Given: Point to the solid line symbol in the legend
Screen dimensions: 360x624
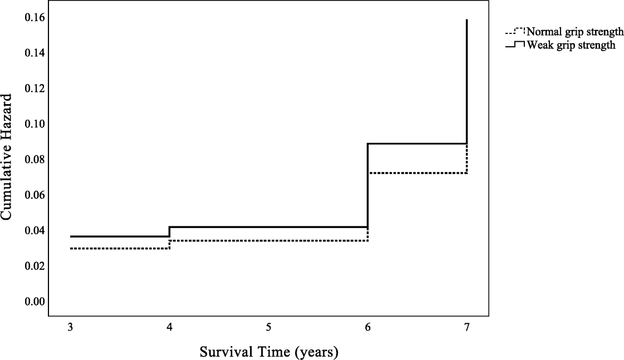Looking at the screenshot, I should (x=515, y=45).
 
